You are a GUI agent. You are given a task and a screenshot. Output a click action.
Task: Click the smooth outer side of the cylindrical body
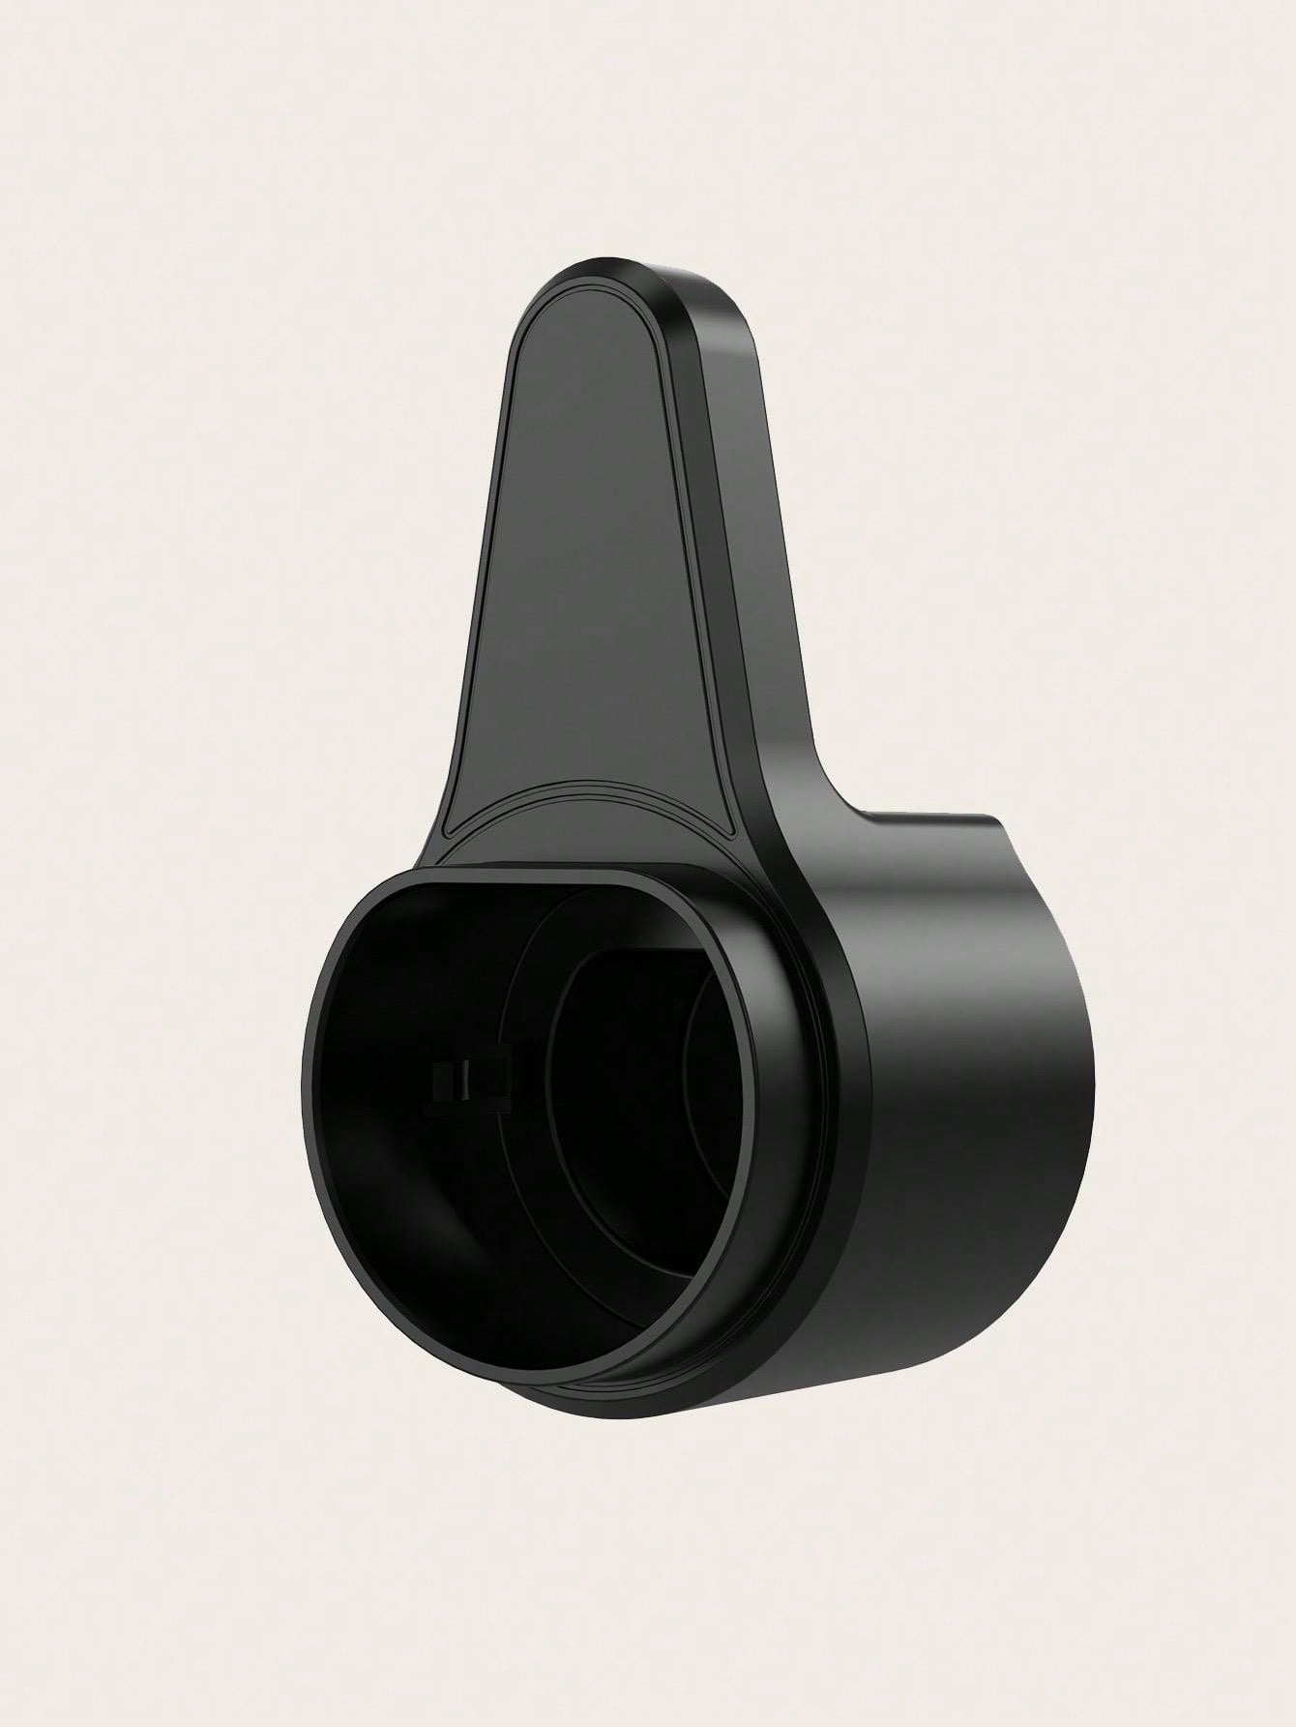[967, 1113]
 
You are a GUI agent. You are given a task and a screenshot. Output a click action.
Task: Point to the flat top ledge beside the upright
[928, 822]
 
